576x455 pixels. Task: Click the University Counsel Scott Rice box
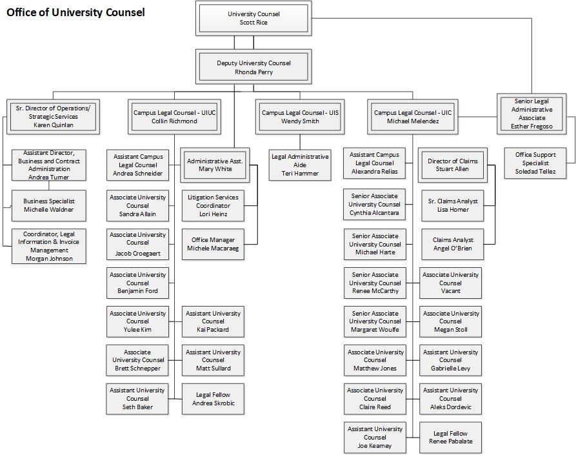tap(253, 18)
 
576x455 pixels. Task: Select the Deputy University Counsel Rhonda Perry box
tap(253, 67)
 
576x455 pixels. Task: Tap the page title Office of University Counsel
tap(75, 12)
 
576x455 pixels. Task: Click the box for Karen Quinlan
tap(54, 117)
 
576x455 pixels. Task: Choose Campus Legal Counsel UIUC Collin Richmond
tap(175, 117)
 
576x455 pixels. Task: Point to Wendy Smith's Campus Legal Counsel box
tap(300, 117)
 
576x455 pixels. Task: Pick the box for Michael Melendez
tap(413, 117)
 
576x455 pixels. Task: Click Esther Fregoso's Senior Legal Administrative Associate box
tap(531, 114)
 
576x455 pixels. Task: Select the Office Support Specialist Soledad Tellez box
tap(535, 163)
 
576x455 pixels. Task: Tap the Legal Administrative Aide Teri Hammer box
tap(300, 165)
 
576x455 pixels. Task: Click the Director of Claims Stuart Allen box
tap(453, 165)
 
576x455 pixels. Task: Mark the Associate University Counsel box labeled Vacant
tap(450, 283)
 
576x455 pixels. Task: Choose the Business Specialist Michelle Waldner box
tap(49, 205)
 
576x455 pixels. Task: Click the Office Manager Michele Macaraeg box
tap(213, 244)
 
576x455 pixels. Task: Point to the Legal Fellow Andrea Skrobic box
tap(213, 399)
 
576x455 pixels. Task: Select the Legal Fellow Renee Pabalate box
tap(450, 438)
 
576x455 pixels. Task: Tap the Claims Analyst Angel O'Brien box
tap(453, 244)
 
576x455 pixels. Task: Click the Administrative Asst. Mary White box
tap(215, 165)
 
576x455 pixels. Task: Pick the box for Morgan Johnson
tap(49, 247)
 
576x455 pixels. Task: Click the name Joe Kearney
tap(375, 446)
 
